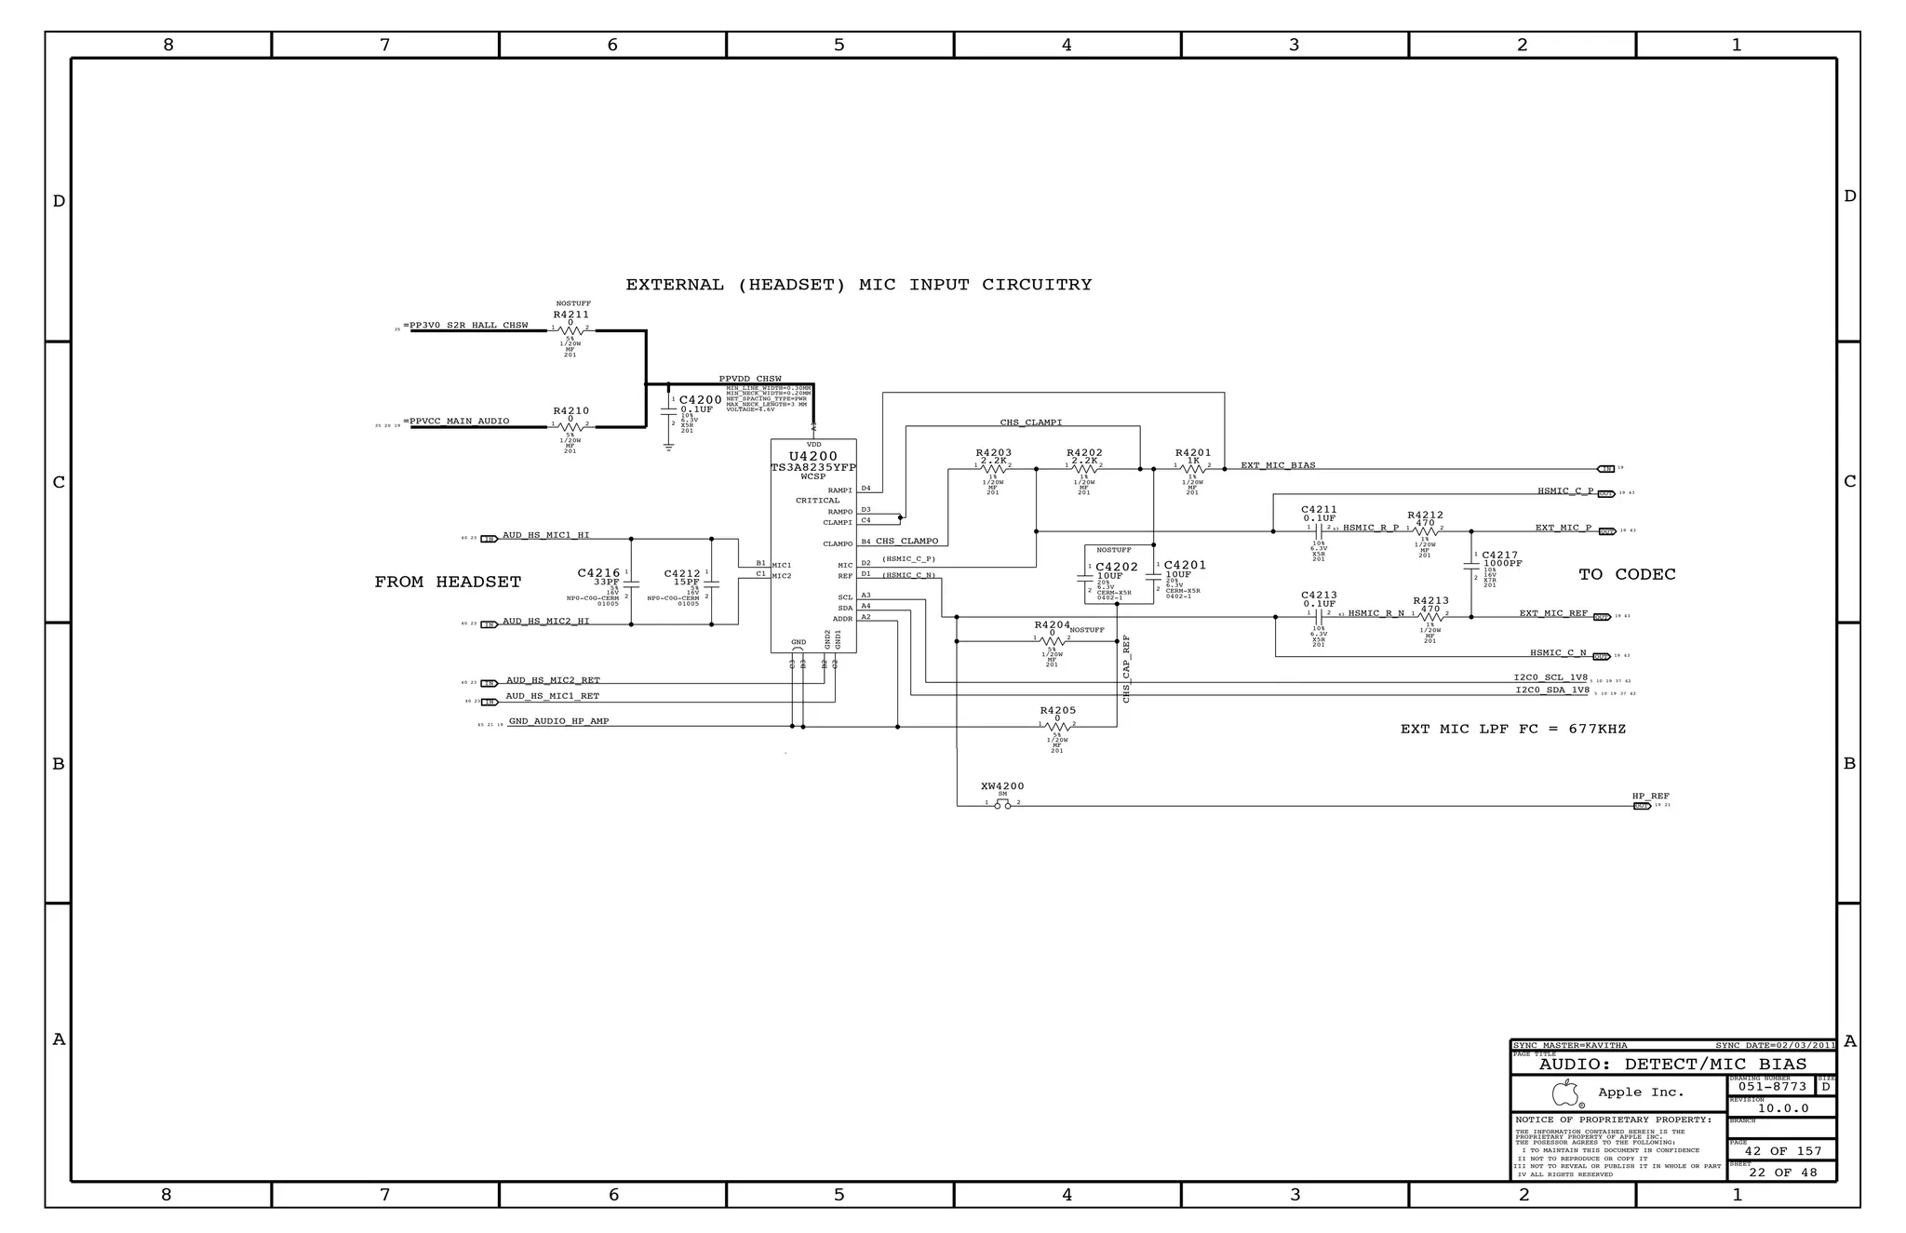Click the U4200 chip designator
(812, 456)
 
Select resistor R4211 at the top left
(570, 315)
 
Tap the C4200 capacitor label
(700, 400)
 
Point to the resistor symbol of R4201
(1192, 469)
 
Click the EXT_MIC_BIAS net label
(1278, 465)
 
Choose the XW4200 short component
(1001, 786)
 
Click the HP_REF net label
(1650, 797)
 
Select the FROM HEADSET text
(448, 583)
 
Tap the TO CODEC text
(1627, 575)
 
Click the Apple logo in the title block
(1565, 1092)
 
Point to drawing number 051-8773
(1772, 1087)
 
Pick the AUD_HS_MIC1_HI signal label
(545, 535)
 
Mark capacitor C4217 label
(1499, 555)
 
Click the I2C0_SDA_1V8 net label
(1551, 690)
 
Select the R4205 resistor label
(1057, 710)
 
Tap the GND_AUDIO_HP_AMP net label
(558, 721)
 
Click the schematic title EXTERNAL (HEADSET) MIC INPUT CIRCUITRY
(858, 285)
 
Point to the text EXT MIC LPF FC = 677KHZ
(1512, 730)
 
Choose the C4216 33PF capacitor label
(598, 573)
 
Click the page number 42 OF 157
(1782, 1152)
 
